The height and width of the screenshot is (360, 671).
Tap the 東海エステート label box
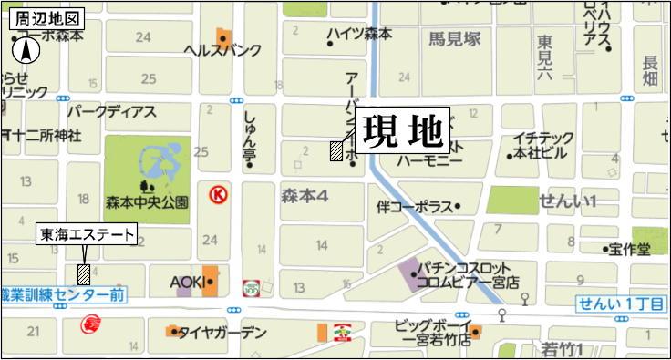[86, 235]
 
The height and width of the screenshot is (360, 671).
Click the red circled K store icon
[217, 194]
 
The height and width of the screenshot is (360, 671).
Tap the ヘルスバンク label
[222, 51]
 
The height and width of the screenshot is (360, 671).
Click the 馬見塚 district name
[454, 40]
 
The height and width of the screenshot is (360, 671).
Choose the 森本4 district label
[305, 195]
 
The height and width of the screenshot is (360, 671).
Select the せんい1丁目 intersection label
[620, 304]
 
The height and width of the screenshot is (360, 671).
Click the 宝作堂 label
[631, 248]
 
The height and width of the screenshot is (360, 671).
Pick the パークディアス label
[112, 112]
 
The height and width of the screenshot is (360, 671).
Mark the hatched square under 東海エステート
[84, 273]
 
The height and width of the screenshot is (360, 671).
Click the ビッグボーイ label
[432, 324]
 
